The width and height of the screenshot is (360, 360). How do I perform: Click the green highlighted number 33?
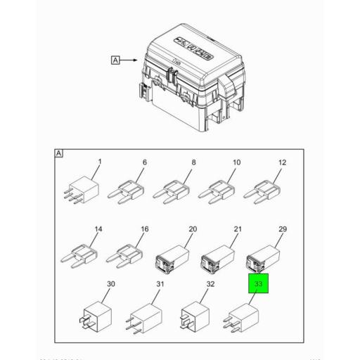coord(258,285)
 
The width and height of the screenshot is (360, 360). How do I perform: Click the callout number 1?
coord(100,162)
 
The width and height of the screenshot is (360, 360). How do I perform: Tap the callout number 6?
coord(145,162)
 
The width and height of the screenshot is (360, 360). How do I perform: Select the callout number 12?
coord(282,162)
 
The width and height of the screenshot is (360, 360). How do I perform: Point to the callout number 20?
coord(193,230)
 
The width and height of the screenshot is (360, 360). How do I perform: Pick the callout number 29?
coord(283,230)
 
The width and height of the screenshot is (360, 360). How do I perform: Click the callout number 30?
coord(110,284)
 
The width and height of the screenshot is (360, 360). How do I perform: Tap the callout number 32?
coord(210,284)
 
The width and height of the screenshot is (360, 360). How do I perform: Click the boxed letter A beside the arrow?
coord(115,60)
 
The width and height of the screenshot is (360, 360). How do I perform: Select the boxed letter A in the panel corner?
coord(60,153)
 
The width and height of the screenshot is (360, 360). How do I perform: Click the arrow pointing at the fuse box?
coord(131,60)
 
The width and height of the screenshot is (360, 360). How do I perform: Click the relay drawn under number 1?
coord(84,191)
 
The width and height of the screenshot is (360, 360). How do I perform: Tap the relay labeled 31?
coord(146,316)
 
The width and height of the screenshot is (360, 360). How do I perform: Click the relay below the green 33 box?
coord(241,317)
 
